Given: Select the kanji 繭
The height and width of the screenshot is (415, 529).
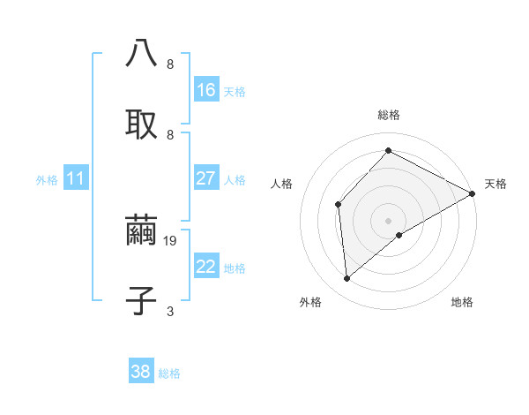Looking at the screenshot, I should (141, 230).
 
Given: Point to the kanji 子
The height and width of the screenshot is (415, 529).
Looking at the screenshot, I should (141, 300).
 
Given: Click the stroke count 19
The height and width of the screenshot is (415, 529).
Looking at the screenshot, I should (172, 240).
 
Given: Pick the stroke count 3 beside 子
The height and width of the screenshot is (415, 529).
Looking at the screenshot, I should (170, 311).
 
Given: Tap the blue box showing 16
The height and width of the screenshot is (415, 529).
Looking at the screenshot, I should (206, 90).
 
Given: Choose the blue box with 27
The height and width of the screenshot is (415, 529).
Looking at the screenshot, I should (206, 178).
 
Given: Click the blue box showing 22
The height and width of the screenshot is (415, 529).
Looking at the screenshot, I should (206, 267).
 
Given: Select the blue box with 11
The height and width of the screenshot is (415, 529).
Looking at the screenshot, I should (76, 178).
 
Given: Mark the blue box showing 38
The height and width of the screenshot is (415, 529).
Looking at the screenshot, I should (141, 372).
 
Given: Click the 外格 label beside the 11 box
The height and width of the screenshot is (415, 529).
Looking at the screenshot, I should (47, 180).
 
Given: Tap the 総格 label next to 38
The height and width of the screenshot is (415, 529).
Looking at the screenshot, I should (169, 373).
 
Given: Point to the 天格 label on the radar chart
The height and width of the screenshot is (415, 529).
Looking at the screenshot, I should (496, 184).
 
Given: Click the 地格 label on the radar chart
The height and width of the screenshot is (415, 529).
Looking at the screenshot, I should (462, 302).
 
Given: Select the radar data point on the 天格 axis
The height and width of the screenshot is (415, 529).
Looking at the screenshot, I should (473, 194).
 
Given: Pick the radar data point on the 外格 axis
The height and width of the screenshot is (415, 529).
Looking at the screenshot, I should (347, 279).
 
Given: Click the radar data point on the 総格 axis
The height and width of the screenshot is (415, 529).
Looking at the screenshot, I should (388, 151).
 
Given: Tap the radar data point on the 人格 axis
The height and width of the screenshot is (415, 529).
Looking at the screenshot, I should (338, 204).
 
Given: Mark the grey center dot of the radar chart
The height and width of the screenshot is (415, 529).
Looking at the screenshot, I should (388, 220).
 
